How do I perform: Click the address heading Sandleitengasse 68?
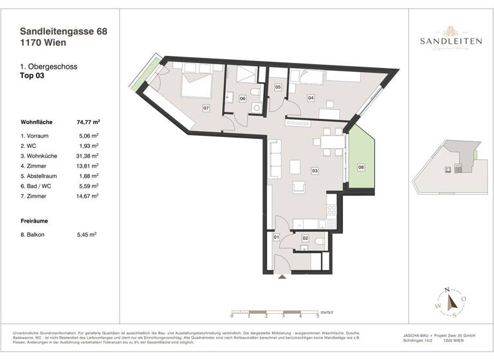(x=64, y=30)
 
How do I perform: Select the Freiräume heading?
(x=35, y=221)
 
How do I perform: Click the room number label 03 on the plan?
(x=315, y=171)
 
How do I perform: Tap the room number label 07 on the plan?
(x=206, y=107)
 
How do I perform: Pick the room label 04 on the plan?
(x=311, y=98)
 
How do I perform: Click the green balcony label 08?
(x=361, y=168)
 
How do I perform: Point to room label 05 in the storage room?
(x=278, y=87)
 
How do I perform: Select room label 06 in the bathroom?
(x=242, y=98)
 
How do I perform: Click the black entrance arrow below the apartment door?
(x=282, y=277)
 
